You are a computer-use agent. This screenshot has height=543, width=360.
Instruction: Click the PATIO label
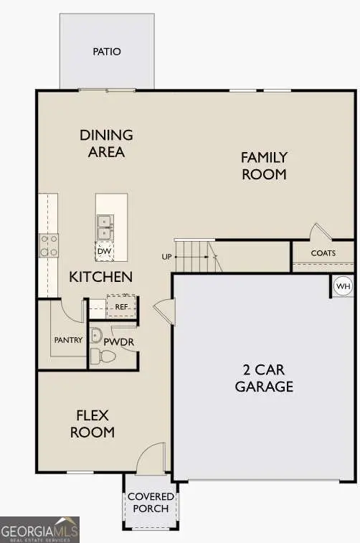tap(107, 52)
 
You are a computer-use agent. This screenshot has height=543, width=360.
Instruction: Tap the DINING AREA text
tap(106, 143)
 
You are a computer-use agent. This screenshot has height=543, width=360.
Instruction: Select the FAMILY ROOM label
tap(263, 166)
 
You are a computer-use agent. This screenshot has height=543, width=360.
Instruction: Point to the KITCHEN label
tap(100, 277)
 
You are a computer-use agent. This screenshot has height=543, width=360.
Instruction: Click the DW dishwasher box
tap(105, 251)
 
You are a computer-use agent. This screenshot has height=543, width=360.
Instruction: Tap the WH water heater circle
tap(343, 287)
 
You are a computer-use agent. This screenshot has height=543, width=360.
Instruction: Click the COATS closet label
tap(323, 253)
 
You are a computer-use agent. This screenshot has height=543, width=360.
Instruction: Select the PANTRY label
tap(69, 340)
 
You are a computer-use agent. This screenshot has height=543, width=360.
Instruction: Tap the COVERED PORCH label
tap(151, 502)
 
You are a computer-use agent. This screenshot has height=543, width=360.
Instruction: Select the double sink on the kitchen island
tap(105, 227)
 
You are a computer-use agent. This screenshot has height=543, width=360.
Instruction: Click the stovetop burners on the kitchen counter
tap(49, 246)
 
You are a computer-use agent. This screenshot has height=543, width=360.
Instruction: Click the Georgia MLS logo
tap(39, 529)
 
